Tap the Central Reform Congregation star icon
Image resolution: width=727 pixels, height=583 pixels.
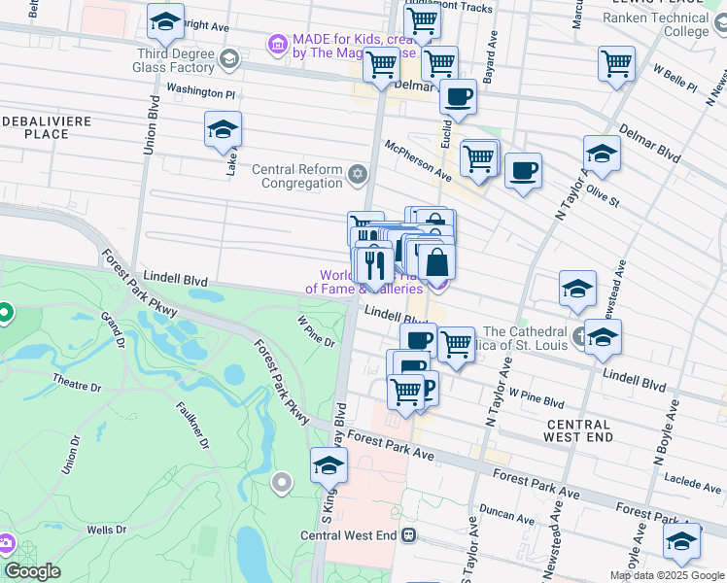click(x=358, y=175)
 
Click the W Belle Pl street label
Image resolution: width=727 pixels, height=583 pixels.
click(x=675, y=79)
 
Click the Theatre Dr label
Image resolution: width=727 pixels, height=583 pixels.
click(x=77, y=381)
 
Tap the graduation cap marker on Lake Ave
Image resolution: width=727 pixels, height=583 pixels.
click(x=223, y=128)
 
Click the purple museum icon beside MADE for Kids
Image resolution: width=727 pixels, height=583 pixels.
click(x=277, y=44)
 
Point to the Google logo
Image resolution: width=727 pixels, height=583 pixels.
click(x=32, y=571)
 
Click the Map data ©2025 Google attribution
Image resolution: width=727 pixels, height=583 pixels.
click(x=667, y=575)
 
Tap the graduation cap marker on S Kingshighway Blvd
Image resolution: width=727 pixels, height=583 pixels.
click(x=329, y=465)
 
